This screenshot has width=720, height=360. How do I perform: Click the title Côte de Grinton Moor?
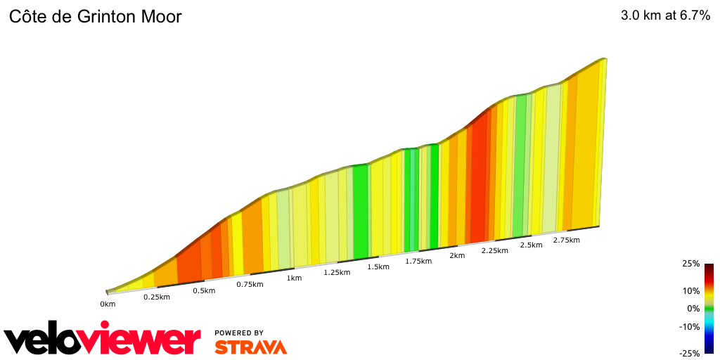point(95,17)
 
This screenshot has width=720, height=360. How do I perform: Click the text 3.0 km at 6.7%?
point(665,16)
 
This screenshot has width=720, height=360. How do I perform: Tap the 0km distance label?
point(108,304)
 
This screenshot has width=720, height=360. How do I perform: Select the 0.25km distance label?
point(156,297)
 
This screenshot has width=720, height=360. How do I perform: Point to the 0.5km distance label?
point(204,291)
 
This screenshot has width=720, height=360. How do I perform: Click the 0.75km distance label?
point(250,285)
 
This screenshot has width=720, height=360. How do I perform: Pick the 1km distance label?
point(294,278)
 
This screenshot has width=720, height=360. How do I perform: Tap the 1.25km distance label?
point(337,272)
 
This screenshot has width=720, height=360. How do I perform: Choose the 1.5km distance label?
point(378,266)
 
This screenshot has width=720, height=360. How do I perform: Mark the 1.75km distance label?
point(418,261)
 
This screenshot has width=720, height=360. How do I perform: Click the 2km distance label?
point(457,255)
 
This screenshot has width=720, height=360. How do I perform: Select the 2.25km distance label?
point(495,250)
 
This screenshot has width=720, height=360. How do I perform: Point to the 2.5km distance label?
point(531,245)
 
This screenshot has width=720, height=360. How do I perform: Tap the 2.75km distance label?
point(566,240)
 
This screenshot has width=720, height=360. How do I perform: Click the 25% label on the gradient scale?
point(690,264)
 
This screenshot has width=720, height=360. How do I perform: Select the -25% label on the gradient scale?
point(690,354)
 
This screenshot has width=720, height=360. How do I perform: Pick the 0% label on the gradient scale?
point(693,309)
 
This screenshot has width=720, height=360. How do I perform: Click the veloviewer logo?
point(103,340)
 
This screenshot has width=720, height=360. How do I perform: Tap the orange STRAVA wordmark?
point(250,347)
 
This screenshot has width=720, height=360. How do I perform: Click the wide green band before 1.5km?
point(361,211)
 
